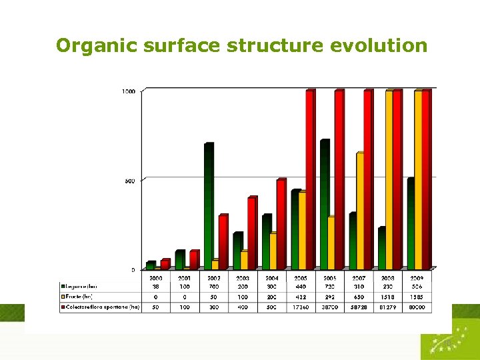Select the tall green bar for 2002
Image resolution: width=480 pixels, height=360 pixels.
pos(209,207)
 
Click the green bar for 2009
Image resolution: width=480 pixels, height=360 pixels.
pos(411,223)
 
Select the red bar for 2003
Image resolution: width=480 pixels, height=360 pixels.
pos(251,233)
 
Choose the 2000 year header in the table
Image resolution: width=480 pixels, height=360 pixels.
pos(156,277)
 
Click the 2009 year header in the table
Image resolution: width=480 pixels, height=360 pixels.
pos(417,277)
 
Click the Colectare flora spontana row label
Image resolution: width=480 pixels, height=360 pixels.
pos(100,307)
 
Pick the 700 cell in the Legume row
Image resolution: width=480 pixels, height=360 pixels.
pos(214,287)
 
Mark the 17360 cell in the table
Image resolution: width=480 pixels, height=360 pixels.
pos(301,307)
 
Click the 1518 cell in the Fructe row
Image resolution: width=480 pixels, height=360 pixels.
pos(388,297)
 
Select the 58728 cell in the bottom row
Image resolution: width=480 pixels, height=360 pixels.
pos(359,307)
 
